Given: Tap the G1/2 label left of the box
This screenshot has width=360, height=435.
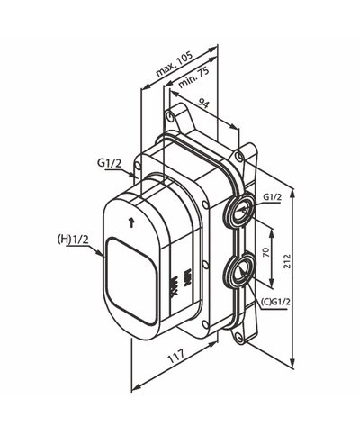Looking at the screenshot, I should [108, 164].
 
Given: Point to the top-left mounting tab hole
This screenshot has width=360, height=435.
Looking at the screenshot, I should [170, 117].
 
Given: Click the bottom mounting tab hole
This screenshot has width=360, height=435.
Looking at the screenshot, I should [240, 339].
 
